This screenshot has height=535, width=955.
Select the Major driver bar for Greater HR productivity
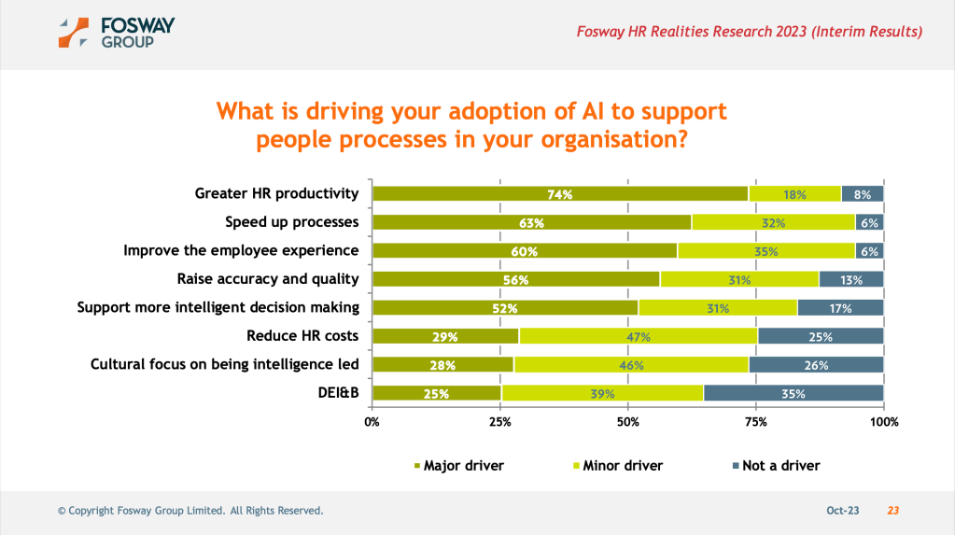point(560,194)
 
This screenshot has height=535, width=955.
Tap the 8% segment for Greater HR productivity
point(863,194)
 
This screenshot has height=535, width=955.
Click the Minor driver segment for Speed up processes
point(773,222)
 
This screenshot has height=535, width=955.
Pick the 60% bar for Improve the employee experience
point(525,251)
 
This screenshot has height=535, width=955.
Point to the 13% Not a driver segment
point(851,279)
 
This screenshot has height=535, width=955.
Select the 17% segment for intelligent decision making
point(840,308)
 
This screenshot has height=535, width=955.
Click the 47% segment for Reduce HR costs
point(639,336)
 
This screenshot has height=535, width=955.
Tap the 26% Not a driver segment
point(816,365)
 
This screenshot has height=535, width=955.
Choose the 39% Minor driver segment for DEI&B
point(602,393)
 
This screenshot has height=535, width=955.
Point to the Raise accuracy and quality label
point(268,278)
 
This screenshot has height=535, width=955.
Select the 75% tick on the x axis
point(756,422)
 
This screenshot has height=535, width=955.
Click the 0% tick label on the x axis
point(372,422)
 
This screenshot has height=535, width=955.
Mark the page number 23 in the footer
point(892,511)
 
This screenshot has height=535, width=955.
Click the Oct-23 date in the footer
point(843,511)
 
